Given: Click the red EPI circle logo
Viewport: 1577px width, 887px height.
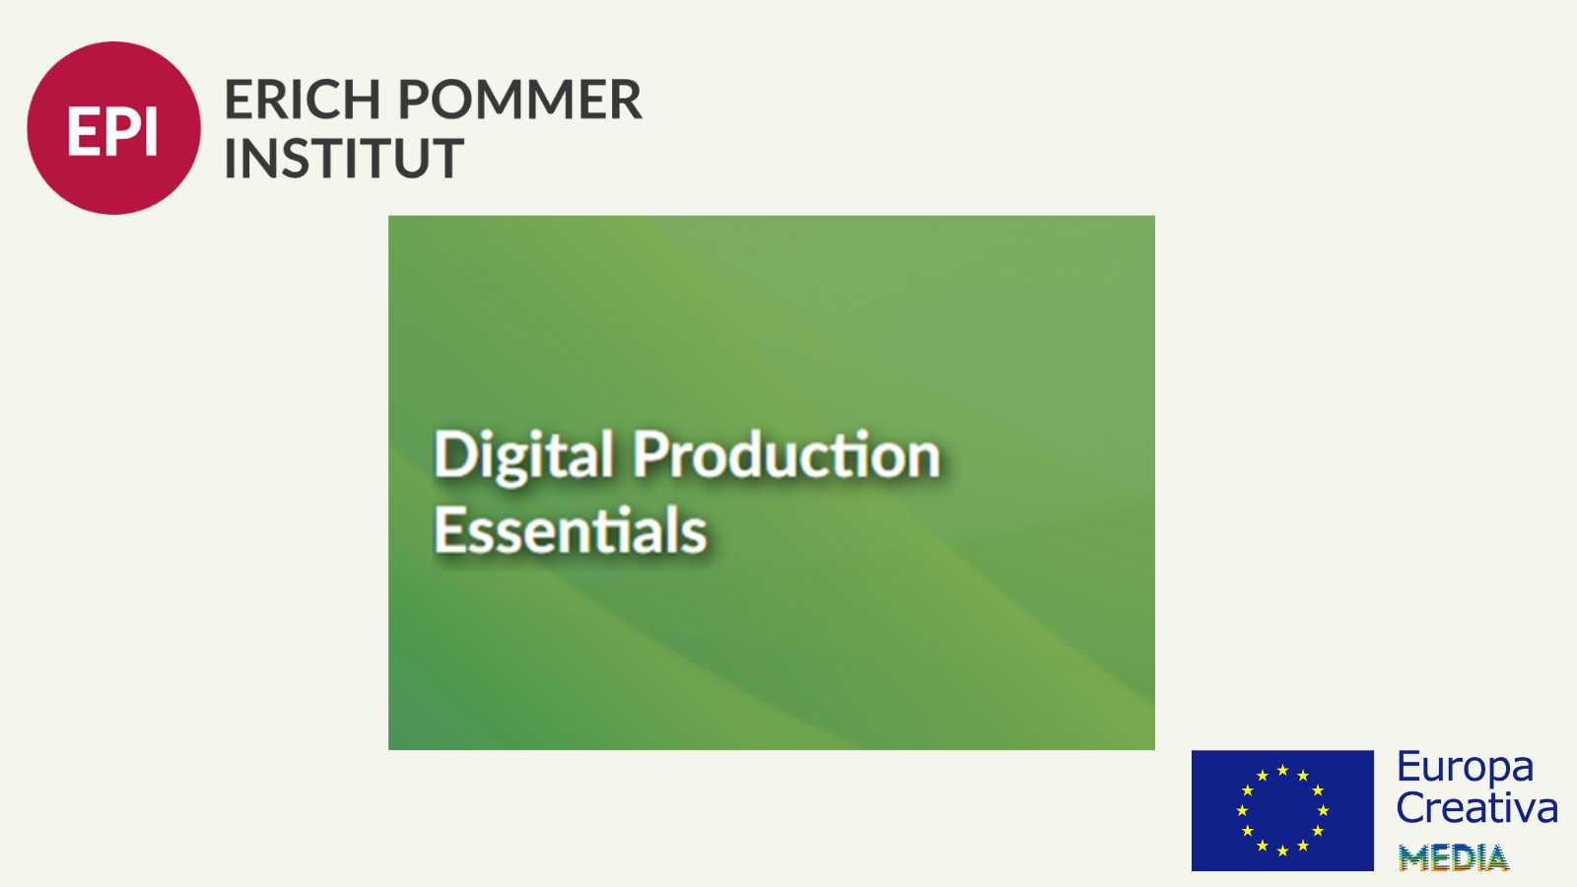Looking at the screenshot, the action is tap(114, 128).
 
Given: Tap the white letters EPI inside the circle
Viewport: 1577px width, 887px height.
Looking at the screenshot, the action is tap(112, 131).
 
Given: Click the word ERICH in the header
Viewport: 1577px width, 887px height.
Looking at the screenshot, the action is tap(303, 100).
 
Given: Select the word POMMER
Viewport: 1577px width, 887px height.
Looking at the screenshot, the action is tap(520, 100).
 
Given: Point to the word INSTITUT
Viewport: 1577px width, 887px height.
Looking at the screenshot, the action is tap(344, 158).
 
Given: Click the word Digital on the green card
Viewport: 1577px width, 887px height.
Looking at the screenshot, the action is tap(523, 455).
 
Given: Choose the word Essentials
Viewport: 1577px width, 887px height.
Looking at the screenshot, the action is tap(571, 529).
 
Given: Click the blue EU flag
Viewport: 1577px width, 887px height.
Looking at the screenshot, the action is tap(1282, 810).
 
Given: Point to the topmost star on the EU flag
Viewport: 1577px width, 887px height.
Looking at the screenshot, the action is tap(1282, 770).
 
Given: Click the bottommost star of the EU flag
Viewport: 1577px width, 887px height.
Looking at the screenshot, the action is tap(1282, 852).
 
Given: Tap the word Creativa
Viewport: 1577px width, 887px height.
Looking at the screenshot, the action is tap(1477, 807).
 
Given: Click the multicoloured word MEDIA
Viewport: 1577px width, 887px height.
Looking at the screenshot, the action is tap(1454, 857).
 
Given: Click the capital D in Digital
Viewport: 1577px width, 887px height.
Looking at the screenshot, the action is tap(454, 454).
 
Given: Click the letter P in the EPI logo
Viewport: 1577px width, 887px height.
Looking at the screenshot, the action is tap(121, 131).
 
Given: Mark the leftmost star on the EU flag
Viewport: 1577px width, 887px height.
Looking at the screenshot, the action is tap(1243, 810).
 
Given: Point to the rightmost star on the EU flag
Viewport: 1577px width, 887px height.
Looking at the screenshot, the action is tap(1323, 810).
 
